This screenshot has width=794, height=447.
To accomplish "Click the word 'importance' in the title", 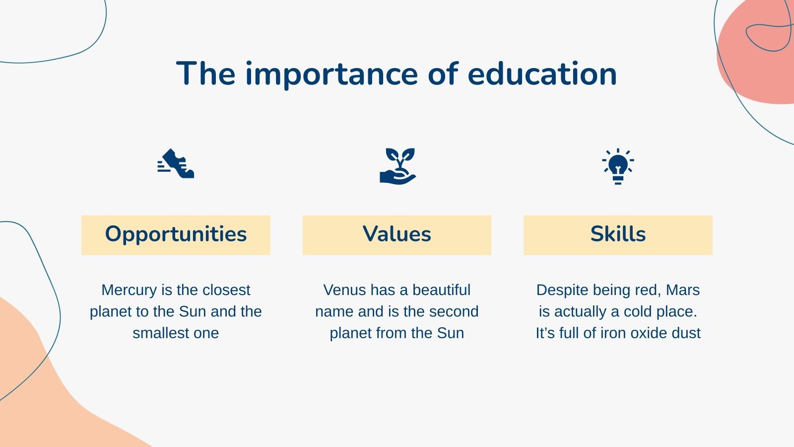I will (x=331, y=74).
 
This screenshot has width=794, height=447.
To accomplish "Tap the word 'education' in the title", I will (x=542, y=74).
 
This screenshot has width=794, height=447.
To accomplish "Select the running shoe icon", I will (x=176, y=163).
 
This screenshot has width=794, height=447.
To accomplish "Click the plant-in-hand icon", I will (x=397, y=165).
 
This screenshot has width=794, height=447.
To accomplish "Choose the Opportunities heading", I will (x=176, y=234).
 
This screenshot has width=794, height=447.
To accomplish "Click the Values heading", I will (x=397, y=234).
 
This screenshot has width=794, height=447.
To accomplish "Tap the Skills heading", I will (x=618, y=234).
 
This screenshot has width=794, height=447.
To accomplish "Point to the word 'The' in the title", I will (x=205, y=74).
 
